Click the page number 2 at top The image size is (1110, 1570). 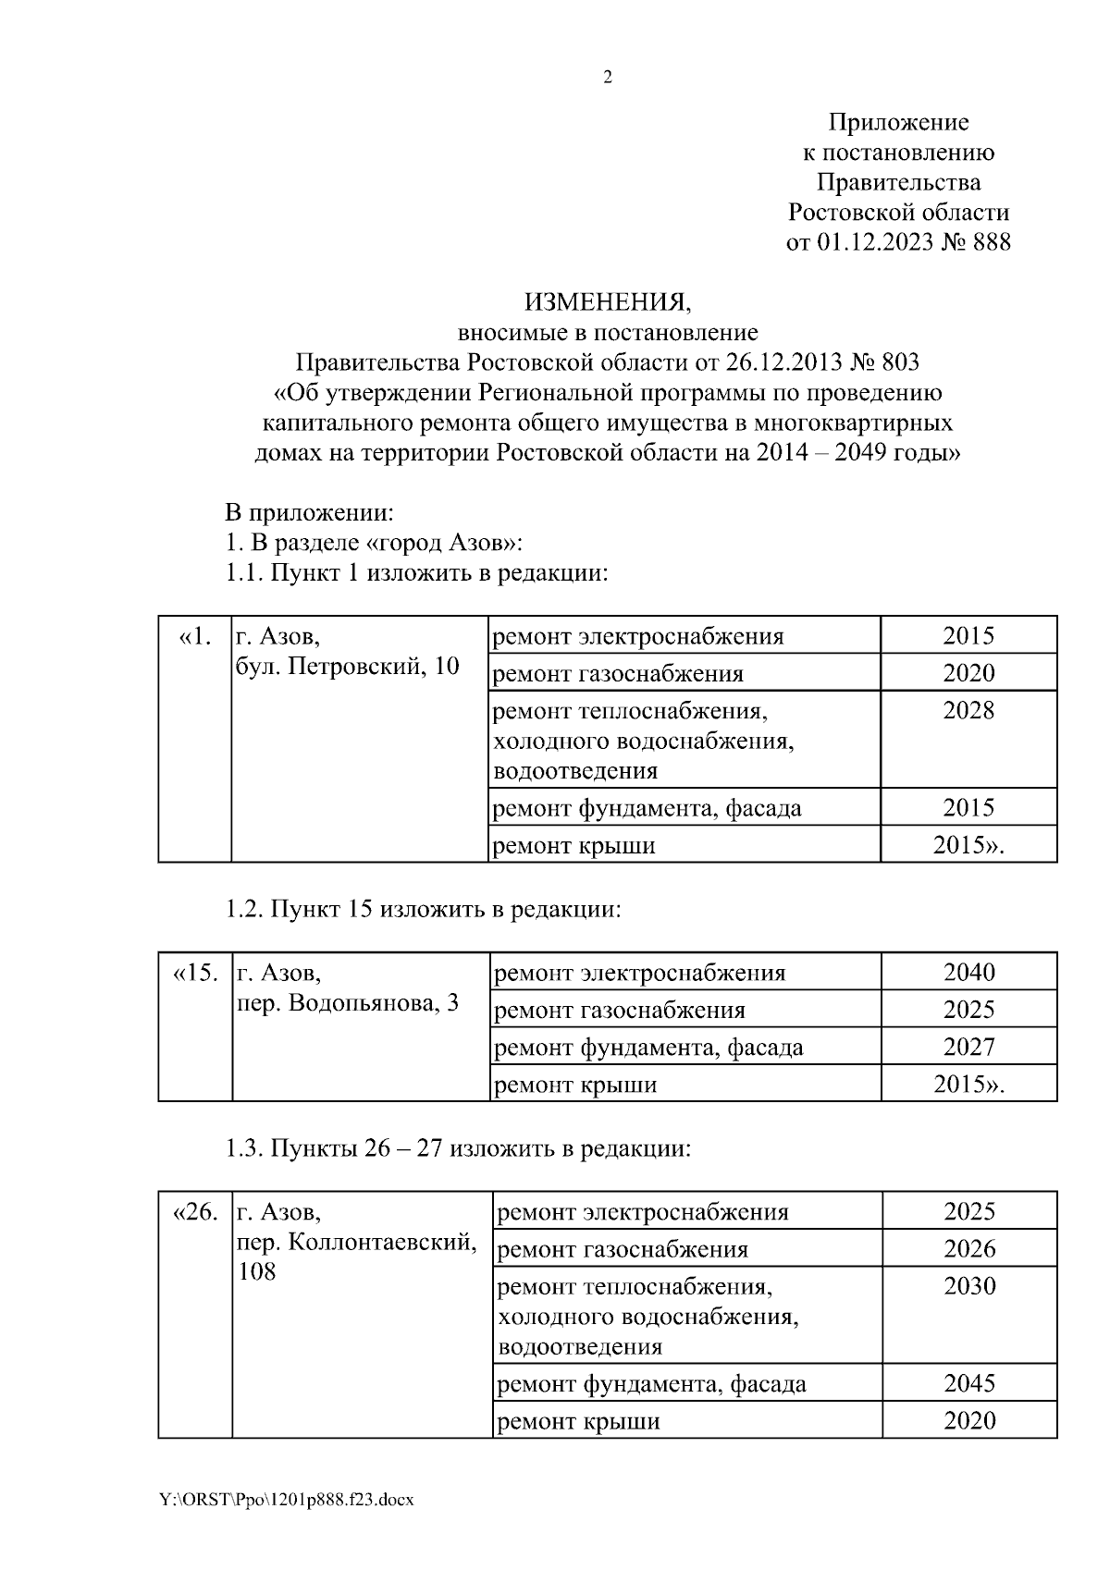coord(608,78)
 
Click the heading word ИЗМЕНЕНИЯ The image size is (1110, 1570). coord(608,301)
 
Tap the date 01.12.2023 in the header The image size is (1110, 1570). coord(870,242)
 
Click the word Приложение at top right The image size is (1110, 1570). coord(898,122)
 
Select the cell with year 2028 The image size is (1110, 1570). coord(968,710)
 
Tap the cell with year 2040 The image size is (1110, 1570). coord(968,972)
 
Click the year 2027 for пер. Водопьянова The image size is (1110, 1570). coord(968,1047)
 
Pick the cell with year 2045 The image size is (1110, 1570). coord(969,1383)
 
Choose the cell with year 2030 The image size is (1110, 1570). coord(969,1285)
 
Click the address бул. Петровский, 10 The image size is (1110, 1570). coord(348,666)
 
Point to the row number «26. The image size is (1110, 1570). coord(194,1211)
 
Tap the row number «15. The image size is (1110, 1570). coord(195,973)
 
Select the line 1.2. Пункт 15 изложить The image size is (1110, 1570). coord(424,909)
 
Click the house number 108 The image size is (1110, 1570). coord(257,1272)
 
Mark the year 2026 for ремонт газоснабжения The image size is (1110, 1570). coord(969,1249)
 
